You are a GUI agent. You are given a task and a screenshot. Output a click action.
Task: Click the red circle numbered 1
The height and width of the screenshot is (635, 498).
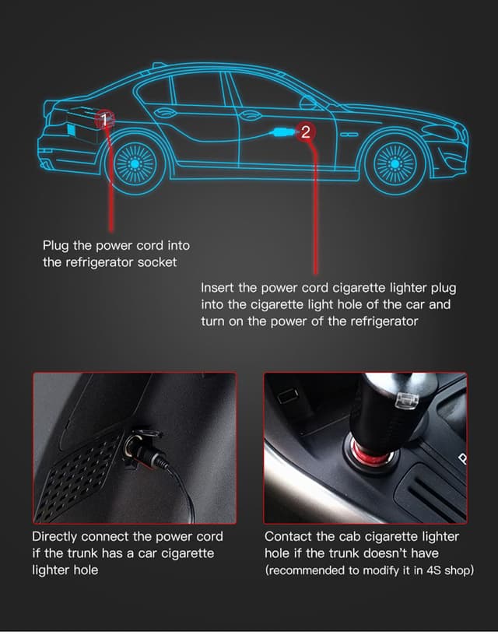pyautogui.click(x=104, y=120)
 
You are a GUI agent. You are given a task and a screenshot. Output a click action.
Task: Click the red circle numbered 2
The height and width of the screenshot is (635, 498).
pyautogui.click(x=305, y=132)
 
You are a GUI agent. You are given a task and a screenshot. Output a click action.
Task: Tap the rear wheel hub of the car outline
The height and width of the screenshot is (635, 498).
pyautogui.click(x=135, y=163)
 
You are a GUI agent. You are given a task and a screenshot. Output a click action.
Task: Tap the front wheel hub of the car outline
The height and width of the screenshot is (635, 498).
pyautogui.click(x=395, y=163)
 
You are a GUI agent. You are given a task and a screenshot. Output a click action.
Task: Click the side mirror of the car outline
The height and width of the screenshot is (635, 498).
pyautogui.click(x=308, y=103)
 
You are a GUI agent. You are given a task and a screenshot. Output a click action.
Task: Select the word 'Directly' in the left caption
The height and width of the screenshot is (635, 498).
pyautogui.click(x=54, y=537)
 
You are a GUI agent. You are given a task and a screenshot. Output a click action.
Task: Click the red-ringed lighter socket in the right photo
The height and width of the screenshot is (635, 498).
pyautogui.click(x=373, y=453)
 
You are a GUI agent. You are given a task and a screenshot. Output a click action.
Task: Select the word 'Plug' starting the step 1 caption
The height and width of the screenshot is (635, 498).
pyautogui.click(x=56, y=246)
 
